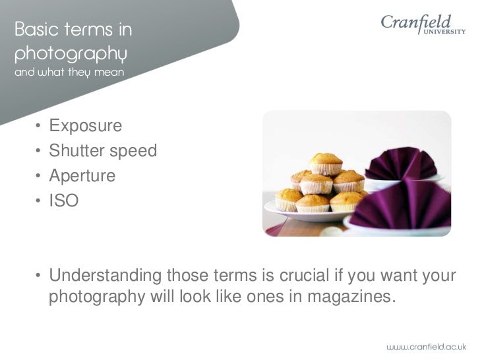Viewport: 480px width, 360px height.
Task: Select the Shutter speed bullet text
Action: tap(103, 151)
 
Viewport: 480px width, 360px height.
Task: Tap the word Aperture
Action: tap(82, 176)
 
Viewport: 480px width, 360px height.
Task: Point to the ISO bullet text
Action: tap(63, 201)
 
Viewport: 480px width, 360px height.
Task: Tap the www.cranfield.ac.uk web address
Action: tap(425, 345)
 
